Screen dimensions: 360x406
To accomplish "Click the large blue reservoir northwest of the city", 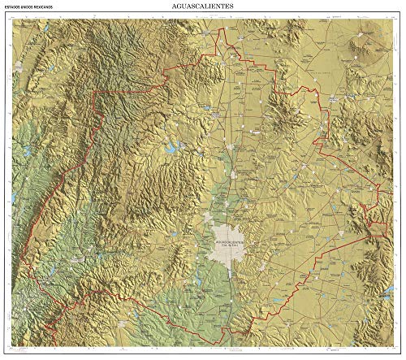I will pyautogui.click(x=174, y=149).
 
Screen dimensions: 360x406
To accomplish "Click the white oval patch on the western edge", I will pyautogui.click(x=13, y=197).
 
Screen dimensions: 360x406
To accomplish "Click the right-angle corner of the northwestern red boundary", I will pyautogui.click(x=96, y=93).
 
